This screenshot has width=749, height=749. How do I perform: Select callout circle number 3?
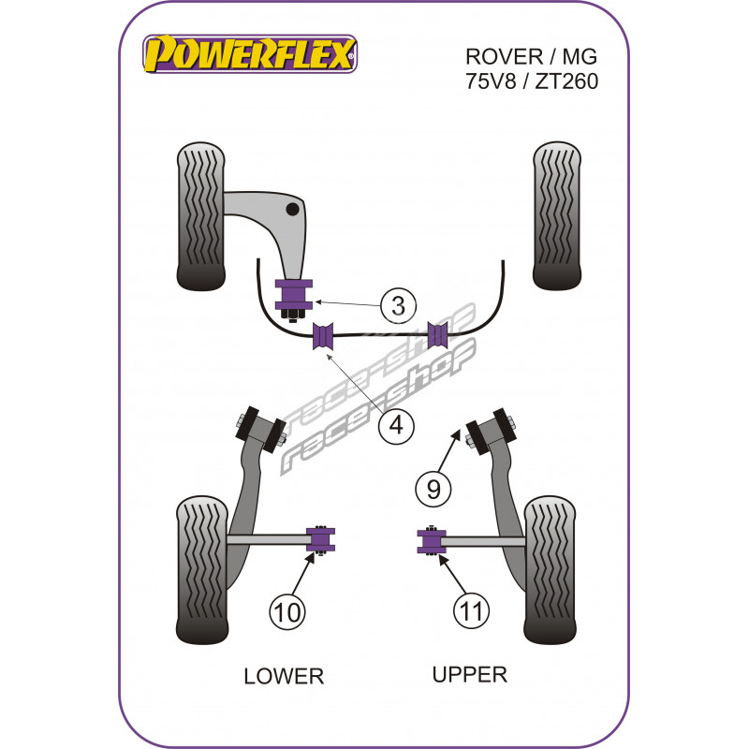coord(398,305)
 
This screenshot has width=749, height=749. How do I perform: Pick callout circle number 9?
coord(433,488)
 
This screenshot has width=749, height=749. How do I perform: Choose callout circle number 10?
coord(286,612)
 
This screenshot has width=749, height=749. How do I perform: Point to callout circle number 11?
coord(470,612)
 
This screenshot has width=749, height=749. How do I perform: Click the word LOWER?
coord(283,676)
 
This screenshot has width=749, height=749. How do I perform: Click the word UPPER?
coord(469,673)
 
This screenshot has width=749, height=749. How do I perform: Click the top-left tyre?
coord(200,216)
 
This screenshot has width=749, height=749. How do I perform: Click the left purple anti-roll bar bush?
coord(324,334)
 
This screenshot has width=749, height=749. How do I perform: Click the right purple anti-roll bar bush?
coord(439,333)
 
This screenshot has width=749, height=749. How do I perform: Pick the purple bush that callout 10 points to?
coord(320,539)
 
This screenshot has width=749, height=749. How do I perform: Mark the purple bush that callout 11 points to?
coord(432,541)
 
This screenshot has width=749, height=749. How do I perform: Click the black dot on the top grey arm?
coord(293,208)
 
